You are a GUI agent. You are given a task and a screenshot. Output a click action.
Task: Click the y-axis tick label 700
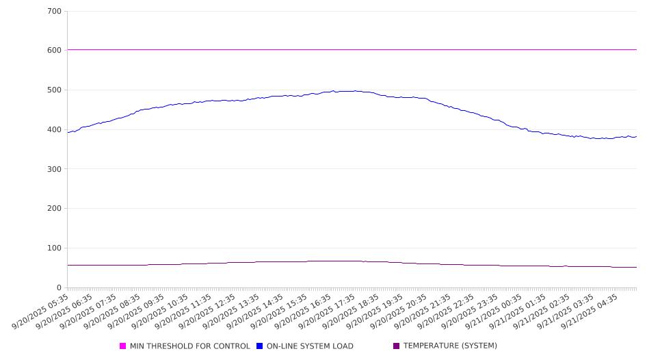pos(55,11)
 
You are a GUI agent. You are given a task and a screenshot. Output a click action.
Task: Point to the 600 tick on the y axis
pos(55,51)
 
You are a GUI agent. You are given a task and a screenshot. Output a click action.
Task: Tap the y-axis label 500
pos(55,90)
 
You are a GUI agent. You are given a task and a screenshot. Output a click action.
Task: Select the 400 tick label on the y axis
pos(55,130)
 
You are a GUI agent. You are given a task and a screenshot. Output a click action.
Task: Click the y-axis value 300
pos(55,169)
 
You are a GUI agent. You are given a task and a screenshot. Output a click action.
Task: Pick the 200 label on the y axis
pos(55,209)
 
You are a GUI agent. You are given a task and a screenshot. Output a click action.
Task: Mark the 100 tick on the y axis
pos(55,248)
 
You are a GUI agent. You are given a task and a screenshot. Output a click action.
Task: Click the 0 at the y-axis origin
pos(59,288)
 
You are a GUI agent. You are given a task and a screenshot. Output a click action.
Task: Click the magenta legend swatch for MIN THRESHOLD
pos(123,346)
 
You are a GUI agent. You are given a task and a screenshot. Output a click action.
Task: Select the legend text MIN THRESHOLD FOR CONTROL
pos(189,346)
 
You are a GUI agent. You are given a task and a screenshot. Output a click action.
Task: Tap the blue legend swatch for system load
pos(260,346)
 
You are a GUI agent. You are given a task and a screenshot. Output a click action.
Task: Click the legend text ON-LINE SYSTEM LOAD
pos(310,346)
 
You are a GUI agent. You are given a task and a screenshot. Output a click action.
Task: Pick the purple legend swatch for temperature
pos(397,346)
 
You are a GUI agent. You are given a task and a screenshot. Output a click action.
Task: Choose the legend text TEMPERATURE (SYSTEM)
pos(450,346)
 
